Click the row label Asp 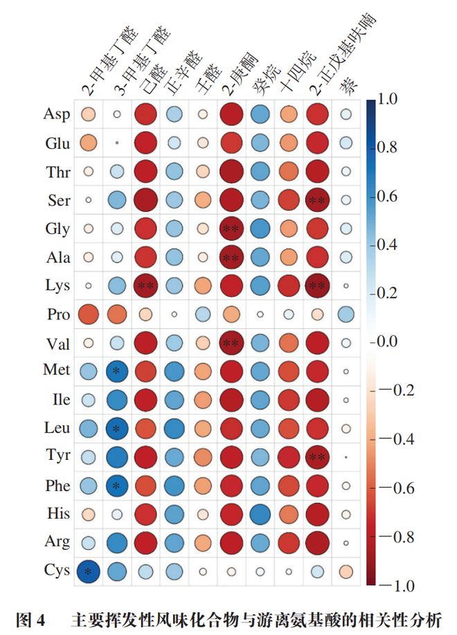[57, 114]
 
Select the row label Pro [58, 314]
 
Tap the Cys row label [57, 571]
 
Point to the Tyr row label [57, 456]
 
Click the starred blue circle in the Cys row [88, 571]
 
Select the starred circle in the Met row [117, 370]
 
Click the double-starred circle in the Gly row [232, 228]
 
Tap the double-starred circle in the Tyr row [318, 456]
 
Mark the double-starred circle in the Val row [232, 342]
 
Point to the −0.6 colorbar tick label [397, 488]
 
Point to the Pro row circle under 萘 [346, 314]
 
